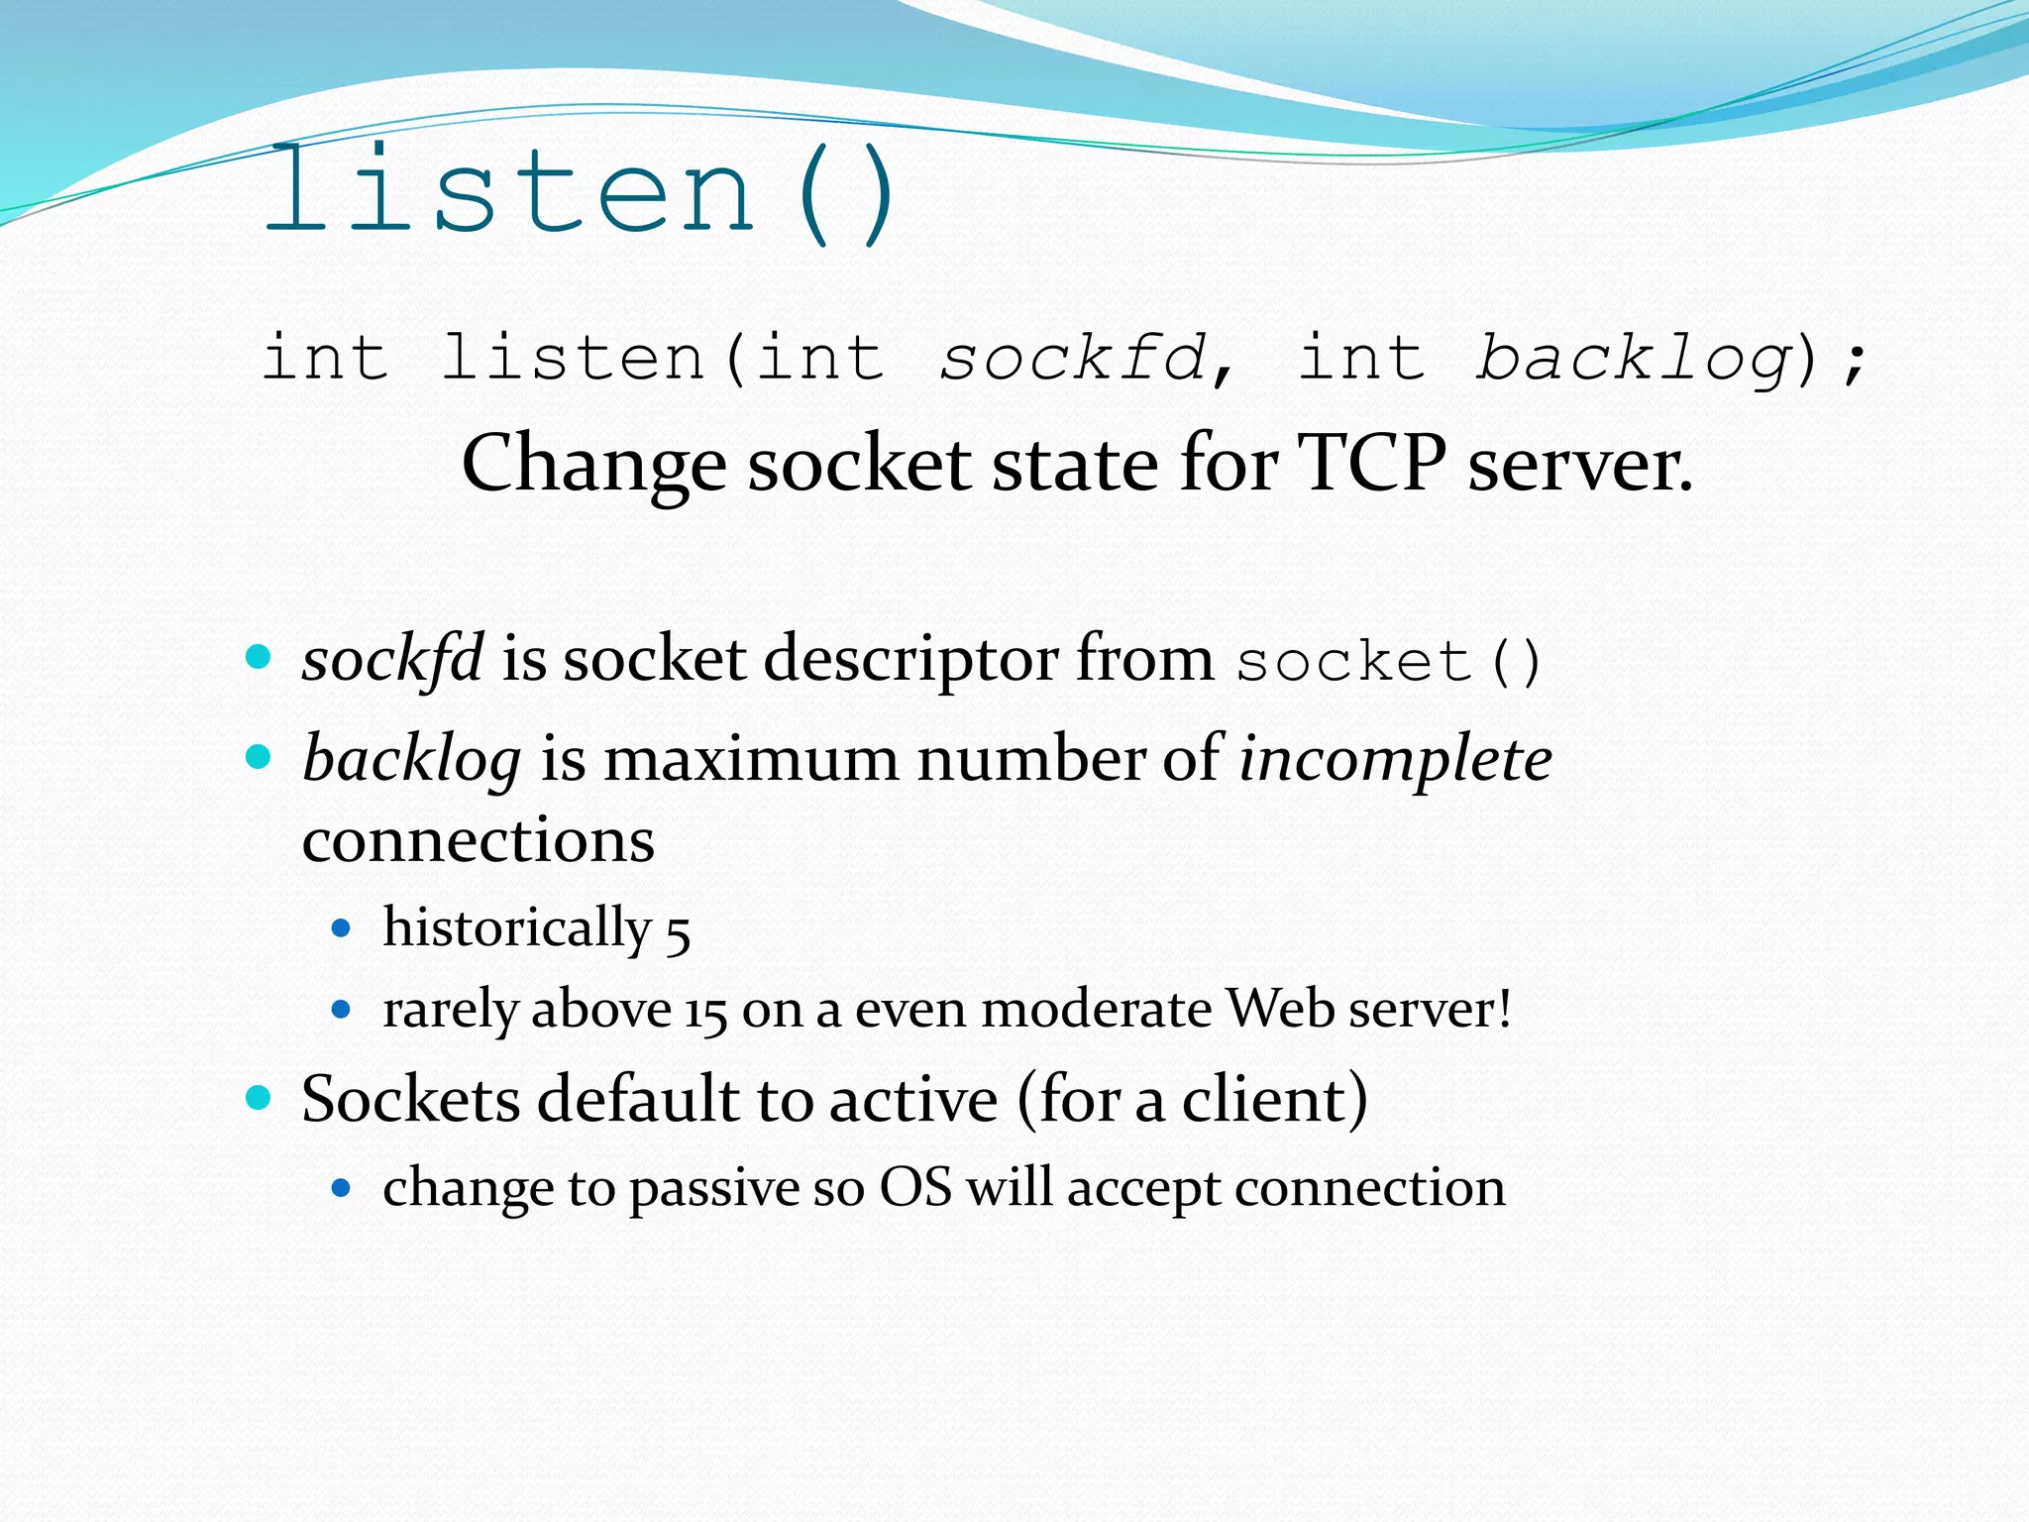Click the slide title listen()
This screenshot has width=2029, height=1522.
(x=580, y=193)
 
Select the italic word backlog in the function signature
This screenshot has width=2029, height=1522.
(x=1634, y=359)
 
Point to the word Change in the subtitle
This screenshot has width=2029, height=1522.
(x=593, y=465)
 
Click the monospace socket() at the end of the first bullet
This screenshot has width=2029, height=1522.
(x=1388, y=662)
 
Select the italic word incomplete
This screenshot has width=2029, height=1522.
(x=1395, y=761)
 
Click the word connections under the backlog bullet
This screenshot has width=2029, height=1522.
(x=479, y=841)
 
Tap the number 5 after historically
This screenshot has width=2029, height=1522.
(x=678, y=933)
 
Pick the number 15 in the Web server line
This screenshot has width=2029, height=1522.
(x=705, y=1012)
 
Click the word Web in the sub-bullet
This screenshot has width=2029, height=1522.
(x=1280, y=1010)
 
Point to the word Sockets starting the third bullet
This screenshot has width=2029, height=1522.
(x=410, y=1100)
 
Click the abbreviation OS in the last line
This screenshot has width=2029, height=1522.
(x=915, y=1187)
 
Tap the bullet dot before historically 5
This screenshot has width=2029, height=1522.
(x=342, y=929)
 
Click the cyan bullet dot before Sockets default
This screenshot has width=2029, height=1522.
(x=259, y=1098)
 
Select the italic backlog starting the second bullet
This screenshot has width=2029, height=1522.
(x=412, y=761)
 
